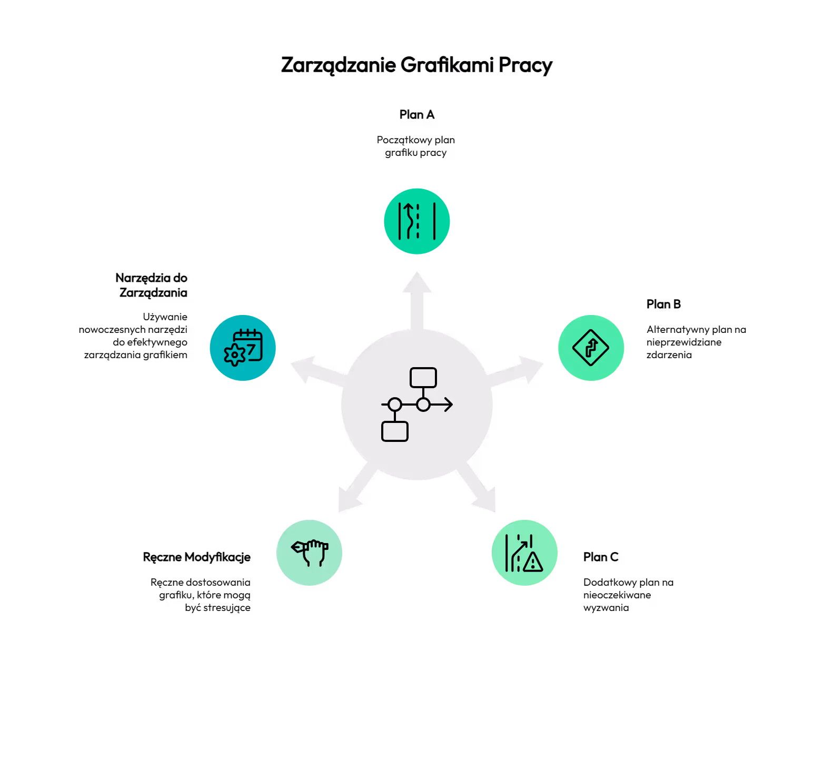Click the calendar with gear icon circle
tap(243, 348)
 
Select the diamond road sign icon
tap(591, 348)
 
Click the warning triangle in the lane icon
tap(533, 563)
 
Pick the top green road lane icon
tap(417, 221)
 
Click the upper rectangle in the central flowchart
tap(423, 377)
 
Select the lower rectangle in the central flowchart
tap(395, 431)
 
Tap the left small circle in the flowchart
tap(395, 405)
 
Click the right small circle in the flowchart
tap(423, 405)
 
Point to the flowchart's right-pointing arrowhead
tap(449, 405)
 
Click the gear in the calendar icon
tap(234, 355)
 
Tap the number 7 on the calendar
tap(252, 349)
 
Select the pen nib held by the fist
tap(297, 547)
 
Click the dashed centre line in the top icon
tap(418, 221)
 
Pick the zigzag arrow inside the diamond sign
tap(591, 348)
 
